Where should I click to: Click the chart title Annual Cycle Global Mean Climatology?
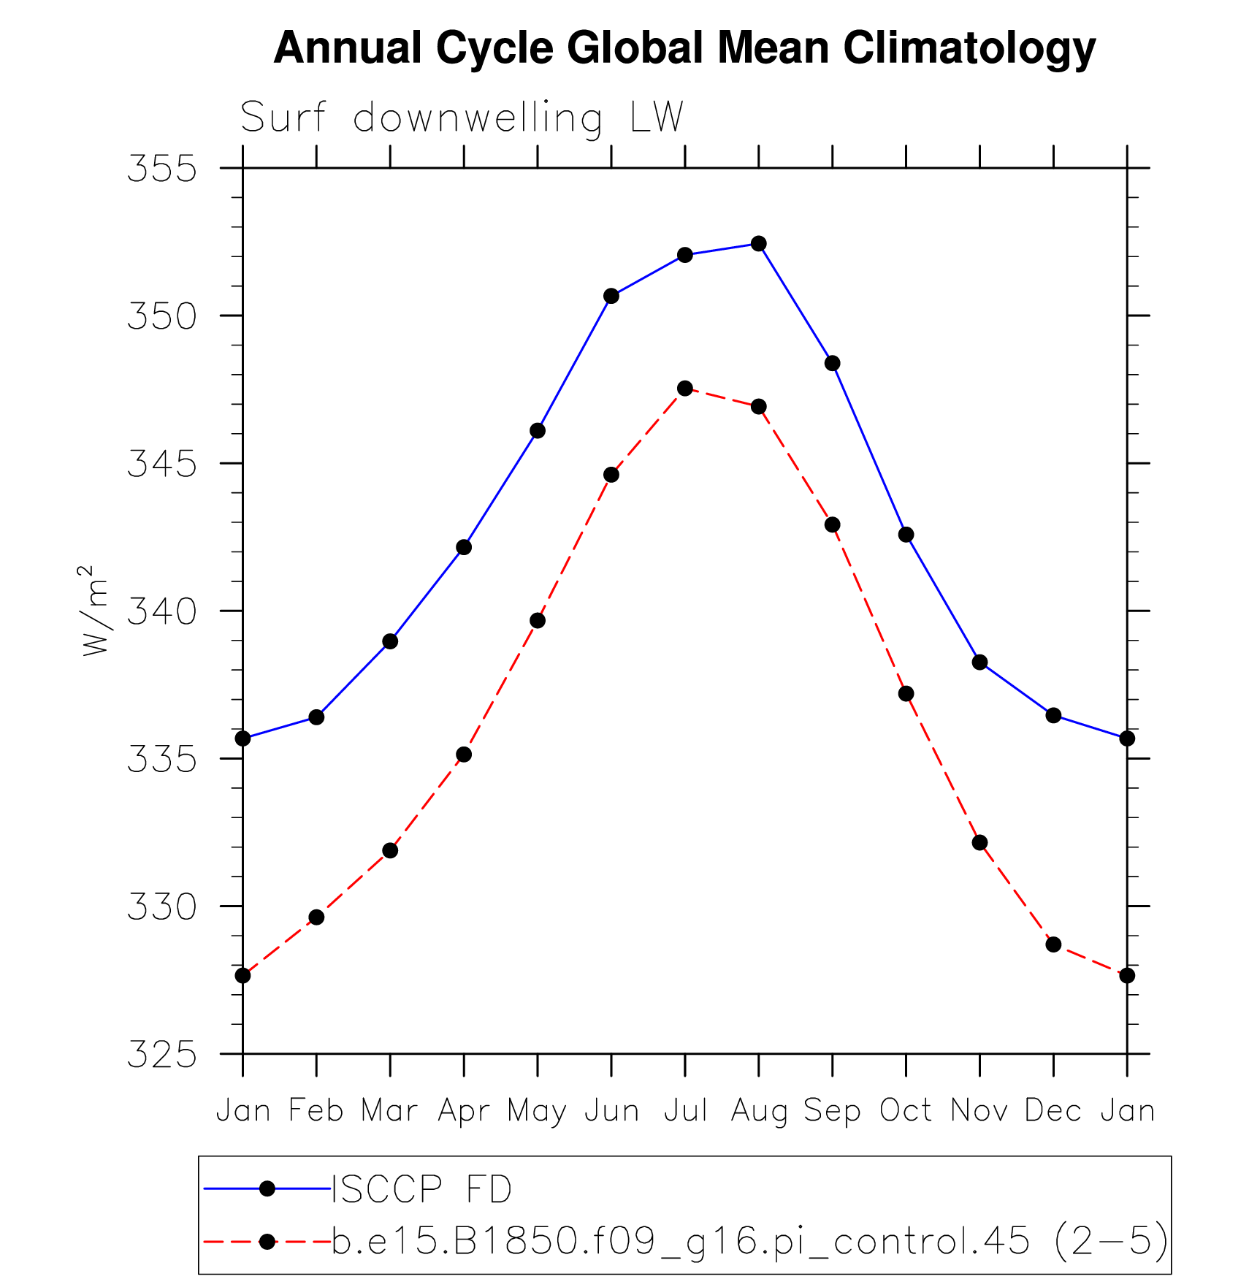[684, 48]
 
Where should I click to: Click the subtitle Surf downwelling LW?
[462, 118]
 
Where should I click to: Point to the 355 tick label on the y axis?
[162, 169]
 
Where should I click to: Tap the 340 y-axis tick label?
[162, 611]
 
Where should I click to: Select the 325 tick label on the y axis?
[162, 1055]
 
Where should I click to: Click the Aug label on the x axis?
[759, 1111]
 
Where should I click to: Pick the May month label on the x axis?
[537, 1111]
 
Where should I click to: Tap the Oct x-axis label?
[906, 1111]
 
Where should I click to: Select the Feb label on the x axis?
[316, 1111]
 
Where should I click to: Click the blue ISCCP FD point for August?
[759, 244]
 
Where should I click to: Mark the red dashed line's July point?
[684, 388]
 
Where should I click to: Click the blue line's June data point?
[611, 296]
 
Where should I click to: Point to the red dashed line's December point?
[1053, 944]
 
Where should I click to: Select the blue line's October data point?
[906, 535]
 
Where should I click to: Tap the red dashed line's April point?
[464, 755]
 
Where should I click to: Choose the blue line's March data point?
[390, 641]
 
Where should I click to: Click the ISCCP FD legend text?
[422, 1189]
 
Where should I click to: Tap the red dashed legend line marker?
[267, 1241]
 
